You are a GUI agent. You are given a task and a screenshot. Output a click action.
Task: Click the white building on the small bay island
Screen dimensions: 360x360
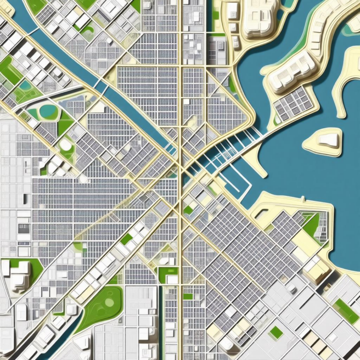[329, 140]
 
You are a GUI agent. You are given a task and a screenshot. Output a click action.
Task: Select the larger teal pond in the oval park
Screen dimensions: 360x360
[47, 111]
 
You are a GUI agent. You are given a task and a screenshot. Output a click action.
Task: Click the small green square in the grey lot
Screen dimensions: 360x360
[277, 331]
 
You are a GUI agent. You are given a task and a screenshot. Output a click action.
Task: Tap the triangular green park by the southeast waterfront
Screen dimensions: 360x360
[311, 223]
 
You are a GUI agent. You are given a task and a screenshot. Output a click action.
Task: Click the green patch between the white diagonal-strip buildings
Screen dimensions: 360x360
[127, 239]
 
